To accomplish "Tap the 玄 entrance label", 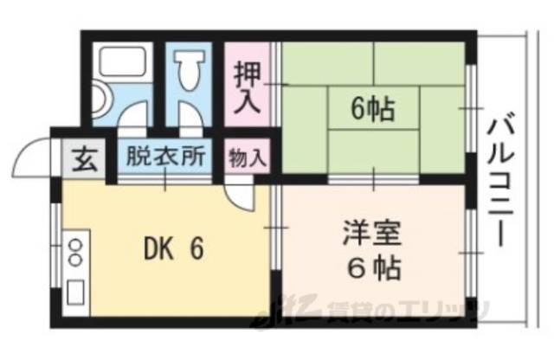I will coord(84,160).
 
